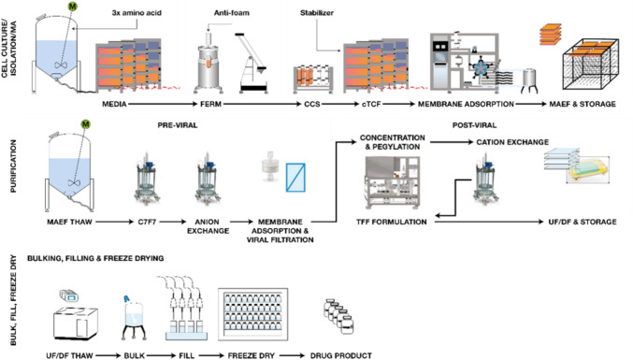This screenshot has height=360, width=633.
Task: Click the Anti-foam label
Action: point(231,13)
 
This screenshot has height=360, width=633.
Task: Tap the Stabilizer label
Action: point(316,13)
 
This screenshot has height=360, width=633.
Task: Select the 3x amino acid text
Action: point(137,13)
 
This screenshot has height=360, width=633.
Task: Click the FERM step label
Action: point(210,104)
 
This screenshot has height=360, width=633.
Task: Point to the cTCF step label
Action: point(371,104)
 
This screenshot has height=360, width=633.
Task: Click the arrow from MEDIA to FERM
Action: point(163,104)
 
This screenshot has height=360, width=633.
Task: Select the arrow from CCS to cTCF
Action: point(340,104)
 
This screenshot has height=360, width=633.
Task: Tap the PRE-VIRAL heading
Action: point(178,125)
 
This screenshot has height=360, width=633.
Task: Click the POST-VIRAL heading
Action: point(474,125)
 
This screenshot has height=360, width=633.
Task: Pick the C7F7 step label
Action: point(147,222)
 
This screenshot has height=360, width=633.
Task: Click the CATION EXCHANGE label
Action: point(512,142)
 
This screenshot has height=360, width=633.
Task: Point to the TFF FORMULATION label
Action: point(391,222)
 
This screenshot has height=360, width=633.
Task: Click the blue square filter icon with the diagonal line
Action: point(295,177)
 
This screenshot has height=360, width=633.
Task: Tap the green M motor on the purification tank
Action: point(85,124)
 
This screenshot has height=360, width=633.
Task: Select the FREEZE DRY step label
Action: point(252,355)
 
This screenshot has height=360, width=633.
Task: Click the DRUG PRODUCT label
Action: point(340,355)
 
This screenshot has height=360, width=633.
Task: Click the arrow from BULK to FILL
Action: point(161,355)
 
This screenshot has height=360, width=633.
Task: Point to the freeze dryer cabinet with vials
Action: point(252,314)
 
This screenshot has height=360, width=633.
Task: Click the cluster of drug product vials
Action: point(338,316)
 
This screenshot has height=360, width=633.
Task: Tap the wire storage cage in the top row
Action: point(591,65)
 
